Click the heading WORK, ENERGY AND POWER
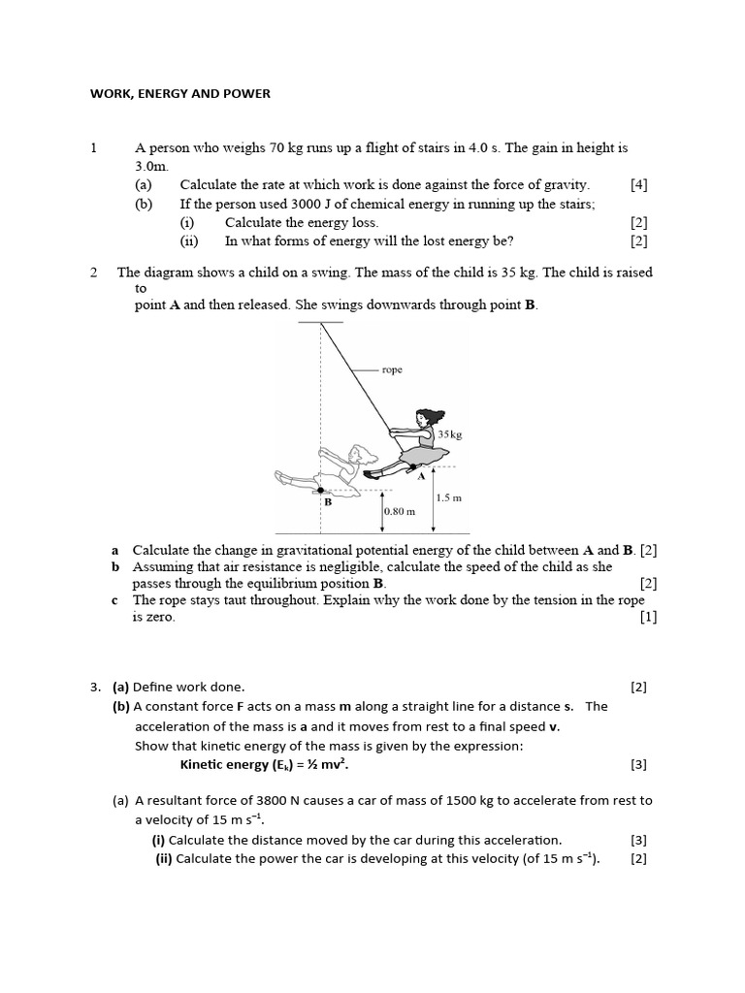[180, 94]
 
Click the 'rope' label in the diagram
[392, 369]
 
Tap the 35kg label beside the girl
[451, 434]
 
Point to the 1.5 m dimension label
[449, 496]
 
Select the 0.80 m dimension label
[400, 511]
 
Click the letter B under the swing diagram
[328, 502]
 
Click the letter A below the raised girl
[421, 476]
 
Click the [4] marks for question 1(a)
[638, 184]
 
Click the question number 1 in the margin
[93, 148]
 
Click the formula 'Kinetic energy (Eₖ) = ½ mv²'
[264, 764]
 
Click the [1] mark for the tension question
[648, 618]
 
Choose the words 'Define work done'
[188, 687]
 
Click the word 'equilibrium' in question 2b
[330, 583]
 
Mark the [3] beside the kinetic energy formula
[638, 764]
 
